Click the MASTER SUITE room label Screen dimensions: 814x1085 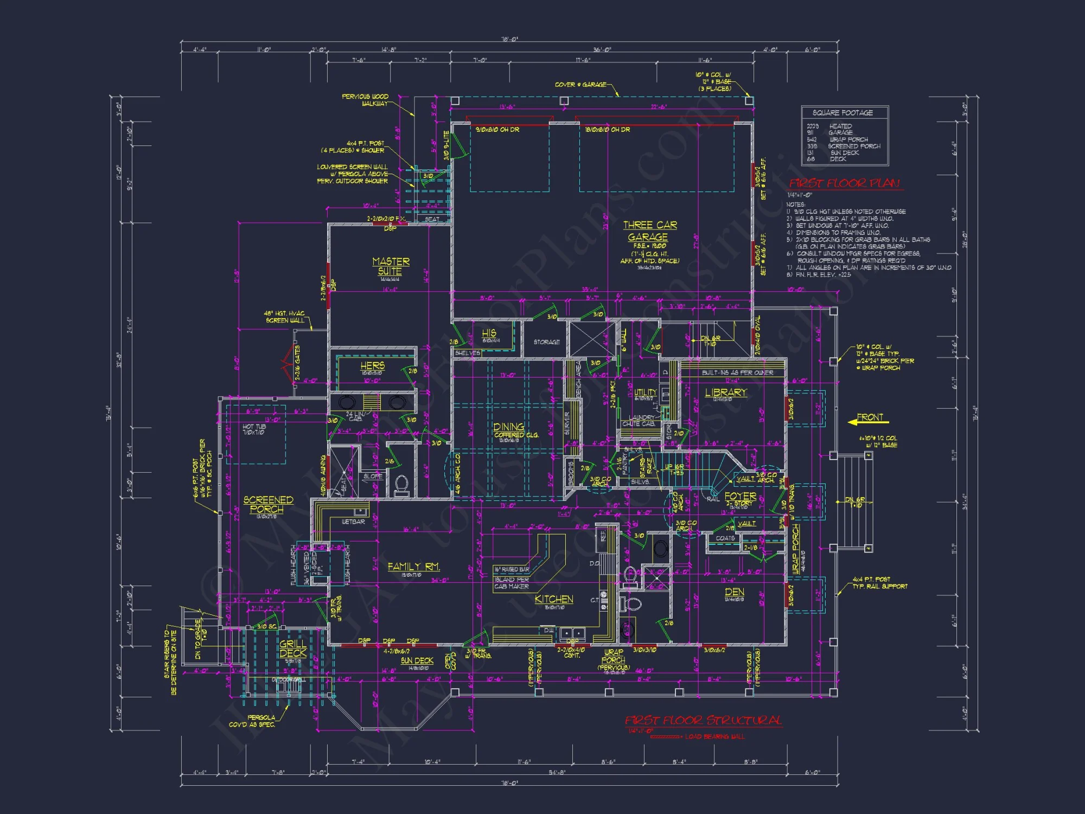tap(391, 266)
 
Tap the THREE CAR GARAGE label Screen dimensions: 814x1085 tap(649, 231)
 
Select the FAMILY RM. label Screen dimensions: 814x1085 tap(413, 567)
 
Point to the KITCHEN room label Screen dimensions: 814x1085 tap(553, 599)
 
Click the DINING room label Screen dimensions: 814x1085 tap(509, 427)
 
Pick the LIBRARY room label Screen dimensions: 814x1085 tap(726, 392)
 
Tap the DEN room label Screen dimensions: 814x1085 tap(734, 592)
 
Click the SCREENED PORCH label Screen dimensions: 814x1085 tap(267, 504)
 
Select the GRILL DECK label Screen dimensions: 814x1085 tap(292, 648)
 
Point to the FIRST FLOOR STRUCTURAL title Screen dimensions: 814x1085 tap(703, 721)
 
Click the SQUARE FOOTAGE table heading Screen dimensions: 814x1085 tap(843, 113)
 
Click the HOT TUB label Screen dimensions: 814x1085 tap(254, 429)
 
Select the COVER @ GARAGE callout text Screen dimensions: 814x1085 tap(580, 85)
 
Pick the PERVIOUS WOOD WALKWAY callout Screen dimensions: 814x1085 tap(366, 100)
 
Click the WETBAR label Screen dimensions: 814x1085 tap(353, 522)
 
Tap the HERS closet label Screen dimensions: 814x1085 tap(372, 366)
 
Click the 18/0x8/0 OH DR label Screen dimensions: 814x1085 tap(607, 130)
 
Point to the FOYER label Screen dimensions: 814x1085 tap(740, 496)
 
